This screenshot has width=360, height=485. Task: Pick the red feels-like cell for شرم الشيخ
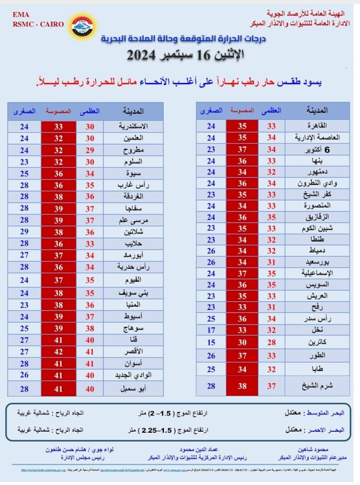point(242,386)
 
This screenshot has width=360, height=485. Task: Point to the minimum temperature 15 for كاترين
point(211,343)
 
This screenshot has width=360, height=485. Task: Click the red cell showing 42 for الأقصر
point(58,352)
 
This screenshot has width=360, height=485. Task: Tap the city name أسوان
point(133,363)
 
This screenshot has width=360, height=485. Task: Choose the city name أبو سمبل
point(133,389)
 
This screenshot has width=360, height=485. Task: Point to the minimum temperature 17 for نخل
point(211,331)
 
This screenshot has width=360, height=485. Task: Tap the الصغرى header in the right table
point(211,111)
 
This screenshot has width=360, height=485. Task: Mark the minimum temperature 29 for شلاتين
point(24,231)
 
